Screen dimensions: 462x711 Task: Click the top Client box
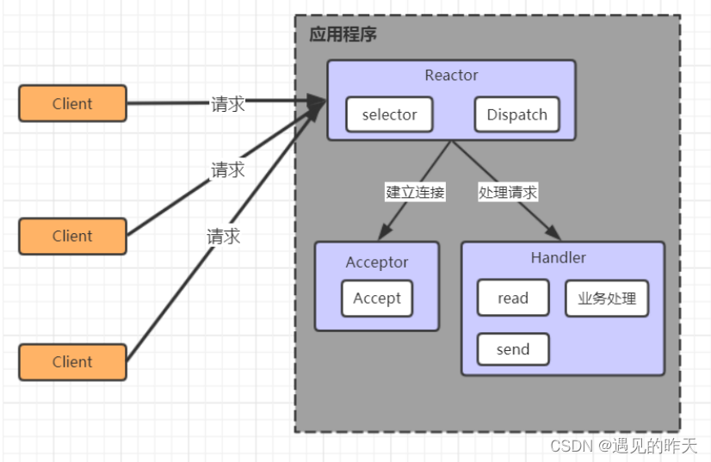[72, 104]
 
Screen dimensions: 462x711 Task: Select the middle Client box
[72, 236]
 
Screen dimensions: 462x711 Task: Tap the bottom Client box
[72, 362]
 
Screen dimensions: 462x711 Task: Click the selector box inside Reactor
[389, 115]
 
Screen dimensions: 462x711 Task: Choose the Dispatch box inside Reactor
[516, 115]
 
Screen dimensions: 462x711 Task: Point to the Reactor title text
[451, 76]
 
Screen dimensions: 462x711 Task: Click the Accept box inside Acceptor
[376, 299]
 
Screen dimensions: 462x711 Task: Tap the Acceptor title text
[377, 262]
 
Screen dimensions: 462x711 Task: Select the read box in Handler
[513, 299]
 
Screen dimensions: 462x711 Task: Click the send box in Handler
[513, 349]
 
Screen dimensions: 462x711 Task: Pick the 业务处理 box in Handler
[606, 299]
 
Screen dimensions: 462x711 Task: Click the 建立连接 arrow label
[415, 193]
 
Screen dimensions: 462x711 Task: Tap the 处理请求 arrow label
[508, 193]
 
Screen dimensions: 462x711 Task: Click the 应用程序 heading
[343, 35]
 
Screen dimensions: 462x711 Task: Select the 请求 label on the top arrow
[228, 104]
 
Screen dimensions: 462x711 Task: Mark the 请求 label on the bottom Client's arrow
[224, 237]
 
